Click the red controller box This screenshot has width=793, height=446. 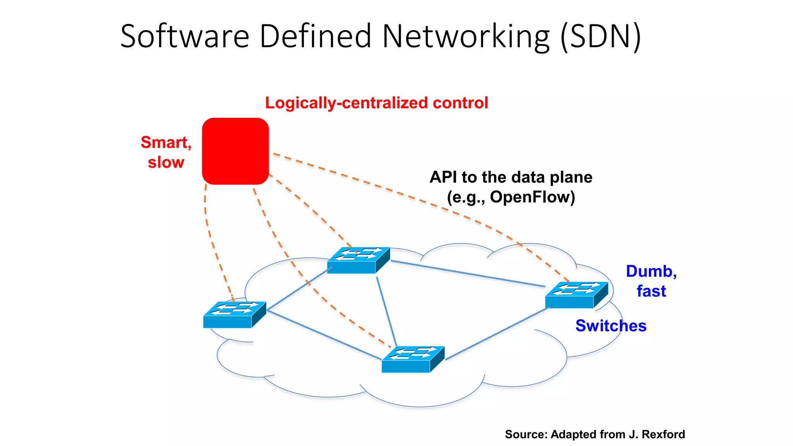pyautogui.click(x=235, y=151)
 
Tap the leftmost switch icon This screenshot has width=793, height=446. pyautogui.click(x=234, y=314)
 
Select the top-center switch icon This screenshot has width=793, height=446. pyautogui.click(x=358, y=260)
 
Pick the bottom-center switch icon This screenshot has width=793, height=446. pyautogui.click(x=413, y=359)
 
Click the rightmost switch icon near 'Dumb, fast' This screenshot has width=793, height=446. pyautogui.click(x=576, y=295)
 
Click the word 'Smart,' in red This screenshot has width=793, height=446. pyautogui.click(x=166, y=142)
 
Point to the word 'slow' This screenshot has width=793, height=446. pyautogui.click(x=166, y=162)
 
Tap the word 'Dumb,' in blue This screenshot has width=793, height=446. pyautogui.click(x=651, y=271)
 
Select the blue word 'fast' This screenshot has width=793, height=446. pyautogui.click(x=651, y=291)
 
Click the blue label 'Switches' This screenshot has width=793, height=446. pyautogui.click(x=611, y=326)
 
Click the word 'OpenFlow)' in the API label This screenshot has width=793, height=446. pyautogui.click(x=532, y=197)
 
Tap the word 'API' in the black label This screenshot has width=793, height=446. pyautogui.click(x=444, y=177)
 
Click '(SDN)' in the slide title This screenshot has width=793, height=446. pyautogui.click(x=601, y=36)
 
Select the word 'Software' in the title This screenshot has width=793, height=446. pyautogui.click(x=185, y=36)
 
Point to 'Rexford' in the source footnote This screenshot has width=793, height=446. pyautogui.click(x=663, y=434)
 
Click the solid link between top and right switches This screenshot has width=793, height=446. pyautogui.click(x=467, y=274)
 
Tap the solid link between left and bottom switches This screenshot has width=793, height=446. pyautogui.click(x=323, y=334)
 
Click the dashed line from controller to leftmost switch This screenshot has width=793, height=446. pyautogui.click(x=211, y=240)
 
